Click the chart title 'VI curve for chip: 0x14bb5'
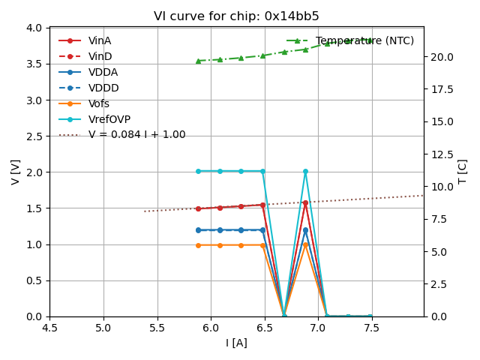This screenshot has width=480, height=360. pos(236,16)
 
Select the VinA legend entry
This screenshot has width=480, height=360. pos(100,40)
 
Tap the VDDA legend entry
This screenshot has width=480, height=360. pos(103,72)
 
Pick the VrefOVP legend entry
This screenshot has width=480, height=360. pos(109,119)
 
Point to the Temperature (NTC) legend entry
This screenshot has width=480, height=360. pos(364,40)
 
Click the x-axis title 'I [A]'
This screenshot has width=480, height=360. pos(236,343)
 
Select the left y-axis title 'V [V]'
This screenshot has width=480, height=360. pos(16,172)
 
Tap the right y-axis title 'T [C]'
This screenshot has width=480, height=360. pos(463,172)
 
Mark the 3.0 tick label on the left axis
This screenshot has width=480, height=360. pos(34,100)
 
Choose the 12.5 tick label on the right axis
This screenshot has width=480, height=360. pos(441,154)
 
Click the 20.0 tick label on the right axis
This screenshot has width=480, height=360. pos(441,57)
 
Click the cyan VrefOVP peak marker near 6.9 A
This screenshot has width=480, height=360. pos(305,171)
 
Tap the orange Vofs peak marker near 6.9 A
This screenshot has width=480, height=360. pos(305,244)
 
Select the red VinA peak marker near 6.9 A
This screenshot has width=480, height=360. pos(305,202)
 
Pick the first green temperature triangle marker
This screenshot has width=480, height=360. pos(198,61)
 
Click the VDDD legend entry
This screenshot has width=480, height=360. pos(103,88)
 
